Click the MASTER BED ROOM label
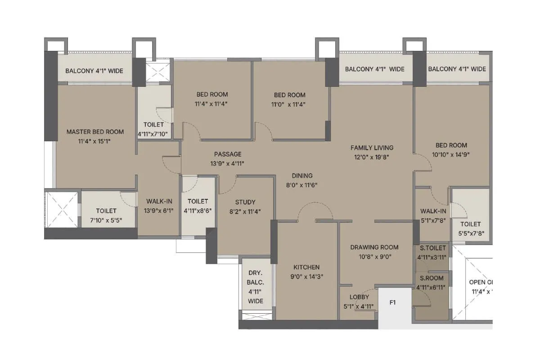95,132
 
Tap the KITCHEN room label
306,267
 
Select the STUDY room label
245,202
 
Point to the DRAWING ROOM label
374,247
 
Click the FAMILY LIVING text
372,148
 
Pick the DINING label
302,176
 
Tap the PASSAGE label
228,154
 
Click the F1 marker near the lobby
392,303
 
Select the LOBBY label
359,297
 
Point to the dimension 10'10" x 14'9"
451,154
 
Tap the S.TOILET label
432,248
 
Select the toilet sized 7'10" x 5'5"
106,211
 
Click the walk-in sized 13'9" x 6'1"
157,202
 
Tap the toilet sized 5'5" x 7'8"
470,224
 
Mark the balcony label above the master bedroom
94,71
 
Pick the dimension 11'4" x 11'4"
212,104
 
